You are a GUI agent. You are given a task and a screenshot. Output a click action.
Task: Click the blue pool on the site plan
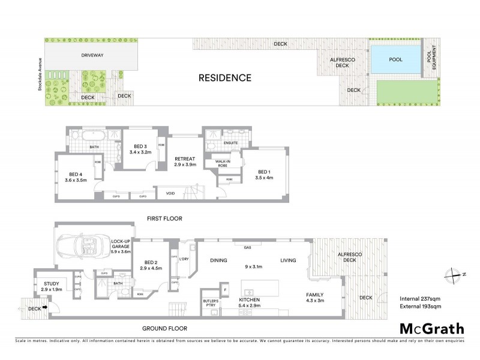[x=395, y=60]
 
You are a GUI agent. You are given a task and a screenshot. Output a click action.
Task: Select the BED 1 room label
[x=264, y=173]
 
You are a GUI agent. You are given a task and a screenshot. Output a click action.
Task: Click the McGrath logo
[x=432, y=328]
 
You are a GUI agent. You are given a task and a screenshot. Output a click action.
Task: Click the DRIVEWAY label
[x=93, y=55]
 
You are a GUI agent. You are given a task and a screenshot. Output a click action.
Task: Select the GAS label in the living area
[x=247, y=247]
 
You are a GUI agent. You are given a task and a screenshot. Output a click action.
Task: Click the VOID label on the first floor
[x=170, y=193]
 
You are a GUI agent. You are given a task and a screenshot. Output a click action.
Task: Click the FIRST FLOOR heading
[x=164, y=218]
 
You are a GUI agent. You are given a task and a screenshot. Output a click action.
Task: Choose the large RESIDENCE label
[x=225, y=77]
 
